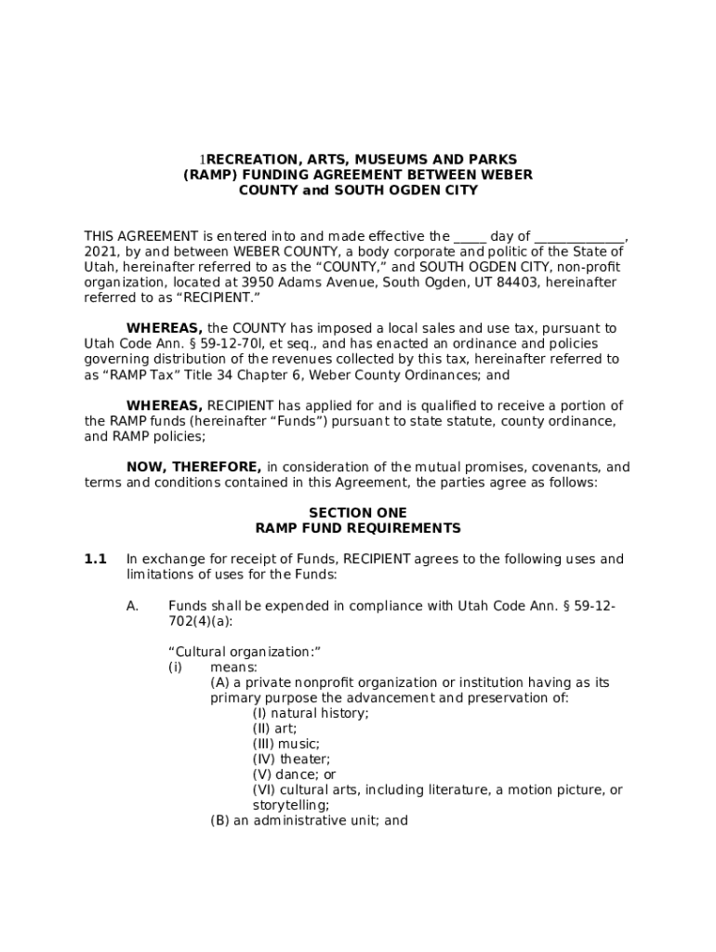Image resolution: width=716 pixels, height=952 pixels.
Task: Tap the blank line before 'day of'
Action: click(470, 237)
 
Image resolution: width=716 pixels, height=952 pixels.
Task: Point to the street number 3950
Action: click(258, 283)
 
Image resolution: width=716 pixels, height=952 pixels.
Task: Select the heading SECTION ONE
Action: click(358, 513)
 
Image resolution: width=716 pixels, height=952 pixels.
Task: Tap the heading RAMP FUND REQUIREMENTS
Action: click(358, 528)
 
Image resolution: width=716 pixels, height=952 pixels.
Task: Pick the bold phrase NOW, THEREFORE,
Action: click(193, 468)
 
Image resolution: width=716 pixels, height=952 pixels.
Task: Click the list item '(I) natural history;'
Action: click(311, 713)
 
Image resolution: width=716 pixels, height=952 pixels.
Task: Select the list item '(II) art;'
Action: click(274, 729)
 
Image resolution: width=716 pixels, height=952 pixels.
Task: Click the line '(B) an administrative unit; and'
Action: click(309, 821)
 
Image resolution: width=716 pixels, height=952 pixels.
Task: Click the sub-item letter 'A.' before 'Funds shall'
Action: click(133, 606)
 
